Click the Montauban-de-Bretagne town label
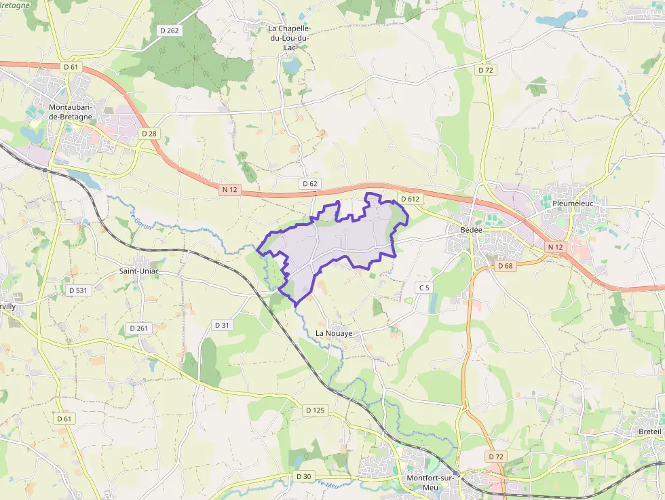75,112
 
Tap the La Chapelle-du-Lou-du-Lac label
290,38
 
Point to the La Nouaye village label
335,334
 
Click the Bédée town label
471,230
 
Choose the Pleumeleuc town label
574,203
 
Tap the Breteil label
649,432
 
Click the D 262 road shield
169,30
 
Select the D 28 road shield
149,134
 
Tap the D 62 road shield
309,184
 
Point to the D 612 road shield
411,199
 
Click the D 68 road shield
505,266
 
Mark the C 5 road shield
424,288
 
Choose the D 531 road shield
79,290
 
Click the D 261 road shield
138,328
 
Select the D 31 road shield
223,325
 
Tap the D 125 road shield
316,410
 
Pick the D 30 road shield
304,477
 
